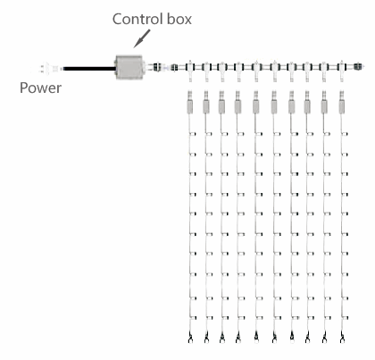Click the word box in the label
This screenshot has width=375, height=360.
[179, 19]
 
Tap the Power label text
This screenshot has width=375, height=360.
[40, 88]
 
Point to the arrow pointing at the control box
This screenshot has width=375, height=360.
[142, 38]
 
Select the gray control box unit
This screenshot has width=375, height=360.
[129, 67]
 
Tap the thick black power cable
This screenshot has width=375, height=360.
[89, 69]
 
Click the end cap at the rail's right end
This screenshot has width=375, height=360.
[358, 66]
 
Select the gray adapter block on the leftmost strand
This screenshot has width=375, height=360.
[189, 106]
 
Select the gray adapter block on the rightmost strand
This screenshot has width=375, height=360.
[342, 106]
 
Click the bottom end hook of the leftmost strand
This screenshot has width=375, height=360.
[190, 338]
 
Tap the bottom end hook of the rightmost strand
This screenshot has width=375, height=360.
[342, 338]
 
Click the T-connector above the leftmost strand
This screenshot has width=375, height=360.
[189, 71]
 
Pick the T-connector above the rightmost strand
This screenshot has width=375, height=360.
[342, 71]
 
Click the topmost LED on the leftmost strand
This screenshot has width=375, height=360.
[193, 134]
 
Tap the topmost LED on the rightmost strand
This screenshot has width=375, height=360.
[345, 134]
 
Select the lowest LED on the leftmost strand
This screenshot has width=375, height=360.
[193, 318]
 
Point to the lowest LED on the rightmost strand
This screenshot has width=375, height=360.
[345, 318]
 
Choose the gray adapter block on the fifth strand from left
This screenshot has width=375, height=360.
[255, 106]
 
